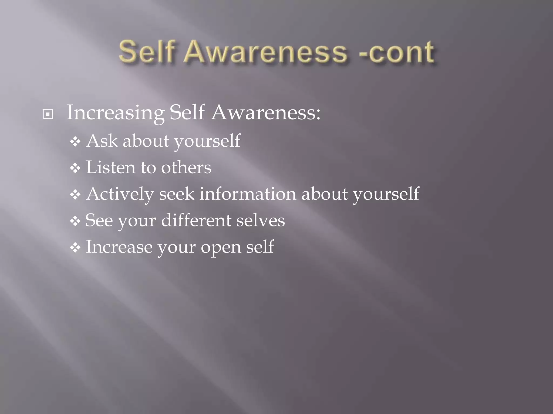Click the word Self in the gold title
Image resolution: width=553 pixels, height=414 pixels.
tap(146, 51)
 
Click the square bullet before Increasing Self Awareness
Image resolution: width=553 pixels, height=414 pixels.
tap(48, 115)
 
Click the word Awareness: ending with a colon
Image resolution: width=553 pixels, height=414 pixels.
tap(266, 113)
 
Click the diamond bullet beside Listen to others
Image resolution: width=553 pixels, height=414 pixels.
tap(75, 168)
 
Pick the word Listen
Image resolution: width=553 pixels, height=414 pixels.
tap(111, 167)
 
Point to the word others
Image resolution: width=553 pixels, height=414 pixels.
tap(186, 167)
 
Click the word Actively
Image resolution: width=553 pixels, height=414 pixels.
tap(120, 194)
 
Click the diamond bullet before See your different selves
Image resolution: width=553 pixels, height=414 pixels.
tap(75, 221)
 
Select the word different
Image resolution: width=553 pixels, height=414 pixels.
tap(196, 220)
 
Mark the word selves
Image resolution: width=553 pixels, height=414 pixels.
tap(261, 220)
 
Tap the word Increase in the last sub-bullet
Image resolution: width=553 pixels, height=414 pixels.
tap(119, 247)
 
